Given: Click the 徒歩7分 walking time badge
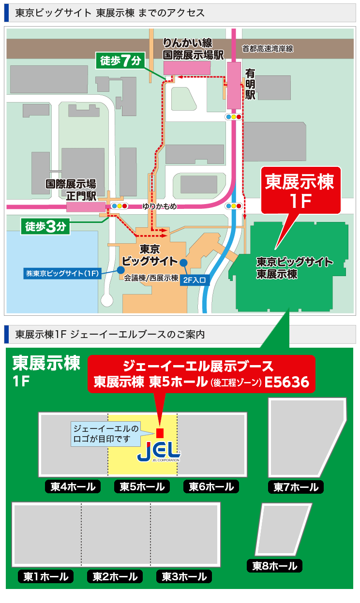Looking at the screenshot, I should click(121, 61).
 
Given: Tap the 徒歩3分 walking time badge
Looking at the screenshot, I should click(45, 226).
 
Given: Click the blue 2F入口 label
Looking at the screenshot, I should click(195, 279).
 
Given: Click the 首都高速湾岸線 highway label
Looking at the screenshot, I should click(268, 48).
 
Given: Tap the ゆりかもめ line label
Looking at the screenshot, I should click(159, 206).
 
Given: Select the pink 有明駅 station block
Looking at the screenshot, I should click(234, 86).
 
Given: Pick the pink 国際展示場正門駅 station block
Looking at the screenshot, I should click(82, 206).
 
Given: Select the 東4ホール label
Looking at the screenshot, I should click(73, 486).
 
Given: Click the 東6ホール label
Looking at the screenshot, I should click(211, 486).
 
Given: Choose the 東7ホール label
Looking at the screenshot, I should click(296, 487).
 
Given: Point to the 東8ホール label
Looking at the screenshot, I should click(275, 565).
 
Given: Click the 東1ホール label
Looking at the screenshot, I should click(46, 576).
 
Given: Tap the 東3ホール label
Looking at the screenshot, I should click(184, 576).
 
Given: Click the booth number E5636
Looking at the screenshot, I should click(287, 382).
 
